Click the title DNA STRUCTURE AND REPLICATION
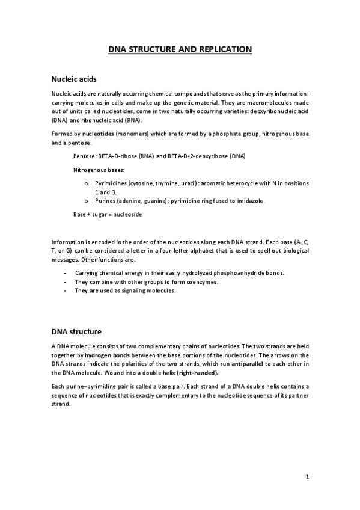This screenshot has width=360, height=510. click(x=180, y=49)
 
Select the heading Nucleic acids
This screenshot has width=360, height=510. click(x=70, y=79)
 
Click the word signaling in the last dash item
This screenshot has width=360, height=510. click(x=130, y=290)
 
